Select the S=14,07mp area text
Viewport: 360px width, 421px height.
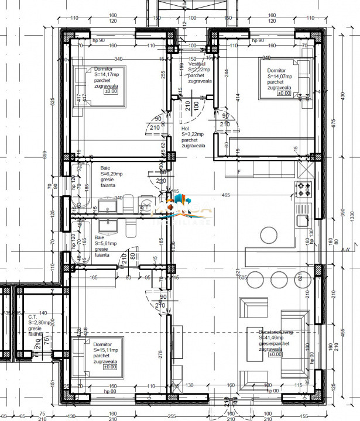click(x=280, y=77)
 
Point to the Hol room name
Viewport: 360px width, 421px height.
click(x=186, y=128)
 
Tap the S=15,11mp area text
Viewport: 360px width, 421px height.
click(x=105, y=350)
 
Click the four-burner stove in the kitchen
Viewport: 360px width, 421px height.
click(x=304, y=189)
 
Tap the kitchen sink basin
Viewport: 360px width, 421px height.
click(x=303, y=220)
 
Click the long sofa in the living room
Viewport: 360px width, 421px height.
click(x=294, y=343)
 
